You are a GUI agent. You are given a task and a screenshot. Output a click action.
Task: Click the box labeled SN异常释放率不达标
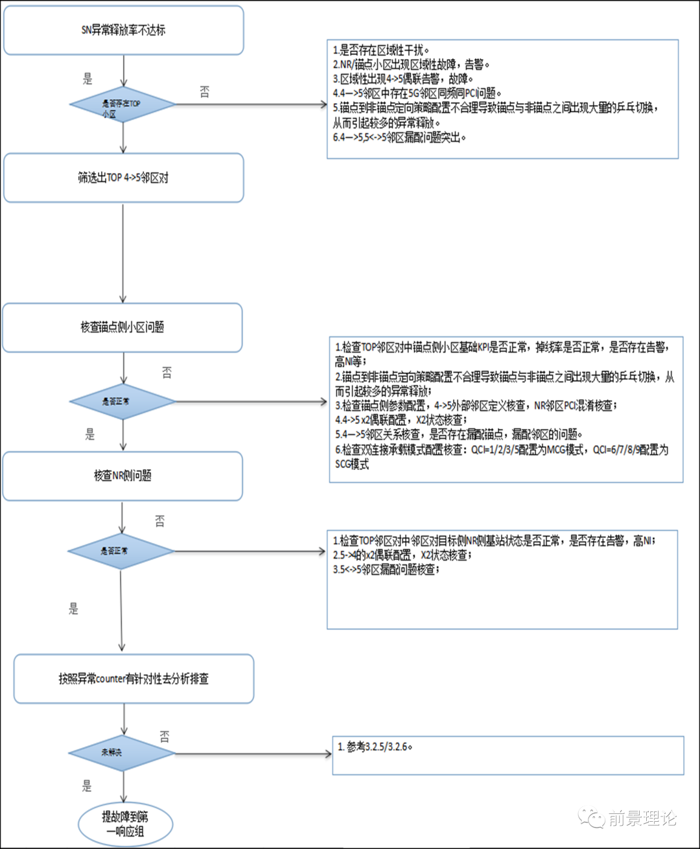(123, 30)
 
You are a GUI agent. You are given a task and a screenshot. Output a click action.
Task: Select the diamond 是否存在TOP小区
(122, 104)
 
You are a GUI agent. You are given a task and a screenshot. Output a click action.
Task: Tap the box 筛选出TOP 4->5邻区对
(123, 178)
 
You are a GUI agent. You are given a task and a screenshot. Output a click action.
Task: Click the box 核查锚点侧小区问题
(122, 327)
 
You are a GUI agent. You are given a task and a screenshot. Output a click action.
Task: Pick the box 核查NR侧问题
(122, 476)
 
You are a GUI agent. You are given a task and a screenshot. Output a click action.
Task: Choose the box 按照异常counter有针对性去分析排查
(134, 679)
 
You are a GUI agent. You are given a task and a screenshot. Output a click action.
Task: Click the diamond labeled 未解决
(122, 753)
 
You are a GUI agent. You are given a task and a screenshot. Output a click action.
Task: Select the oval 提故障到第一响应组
(125, 824)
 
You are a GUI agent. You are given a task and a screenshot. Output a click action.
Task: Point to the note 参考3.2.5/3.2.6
(375, 747)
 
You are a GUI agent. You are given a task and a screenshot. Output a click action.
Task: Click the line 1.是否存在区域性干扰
(381, 50)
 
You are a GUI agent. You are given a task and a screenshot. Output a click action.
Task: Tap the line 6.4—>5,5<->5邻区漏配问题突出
(399, 137)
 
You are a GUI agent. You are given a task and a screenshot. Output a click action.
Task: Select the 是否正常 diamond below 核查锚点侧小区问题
(122, 402)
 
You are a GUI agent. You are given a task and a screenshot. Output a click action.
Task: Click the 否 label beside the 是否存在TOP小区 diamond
(205, 92)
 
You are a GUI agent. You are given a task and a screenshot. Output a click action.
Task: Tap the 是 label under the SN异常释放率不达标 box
(87, 79)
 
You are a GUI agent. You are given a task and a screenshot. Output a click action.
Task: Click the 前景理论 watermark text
(642, 819)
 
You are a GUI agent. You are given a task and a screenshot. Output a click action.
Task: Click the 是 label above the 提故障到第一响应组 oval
(87, 786)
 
